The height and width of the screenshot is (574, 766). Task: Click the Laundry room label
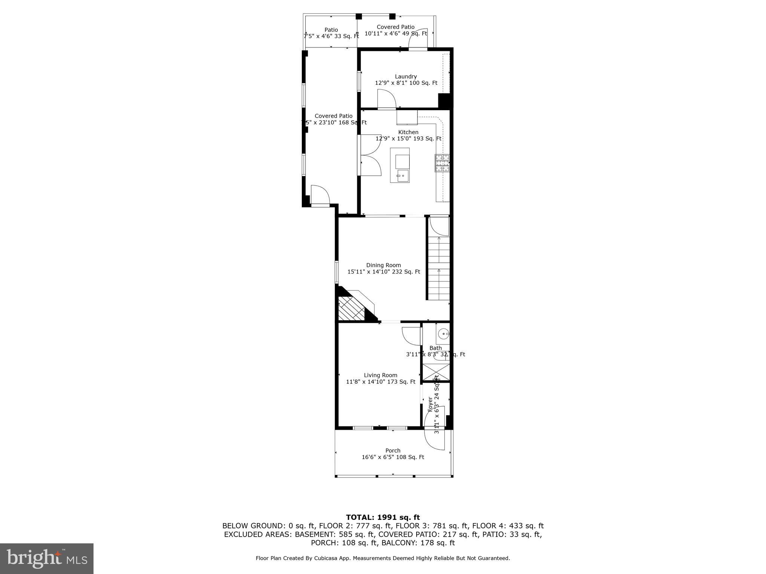point(406,77)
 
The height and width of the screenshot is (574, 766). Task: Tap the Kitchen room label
point(408,132)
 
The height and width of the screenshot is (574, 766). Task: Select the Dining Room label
point(383,265)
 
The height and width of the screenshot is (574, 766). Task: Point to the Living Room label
point(380,375)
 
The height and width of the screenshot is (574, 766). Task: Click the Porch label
point(393,451)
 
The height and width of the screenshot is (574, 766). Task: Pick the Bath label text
point(435,348)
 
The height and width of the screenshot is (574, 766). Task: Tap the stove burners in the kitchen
point(442,163)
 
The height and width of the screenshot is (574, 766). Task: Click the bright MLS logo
point(47,558)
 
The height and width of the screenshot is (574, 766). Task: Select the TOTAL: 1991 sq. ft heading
point(383,518)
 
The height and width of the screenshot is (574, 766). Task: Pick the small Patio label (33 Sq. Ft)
point(331,30)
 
